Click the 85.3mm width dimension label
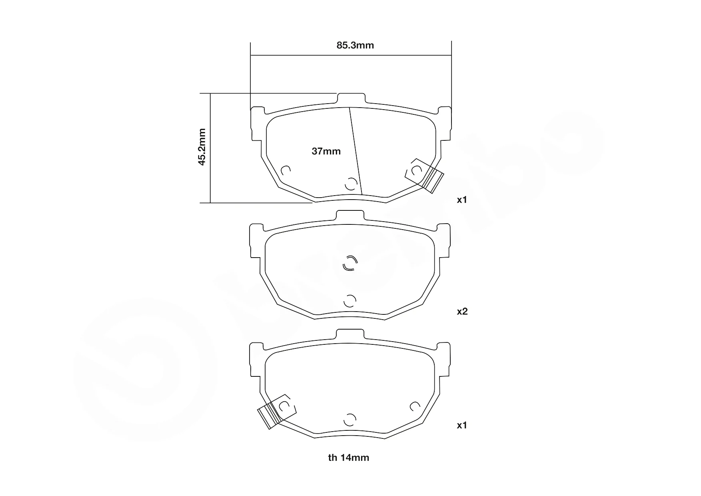[x=355, y=45]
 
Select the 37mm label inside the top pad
[x=326, y=151]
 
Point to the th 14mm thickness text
[x=349, y=458]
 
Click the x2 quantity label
[x=462, y=311]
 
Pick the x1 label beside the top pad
[x=462, y=200]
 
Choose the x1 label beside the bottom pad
[x=462, y=425]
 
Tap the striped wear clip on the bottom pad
[x=269, y=416]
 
